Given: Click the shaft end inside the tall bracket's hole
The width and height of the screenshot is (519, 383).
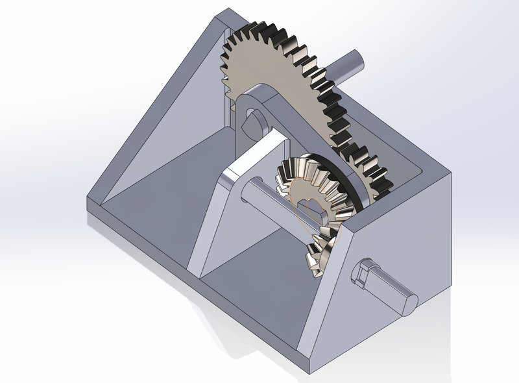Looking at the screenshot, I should pyautogui.click(x=254, y=121).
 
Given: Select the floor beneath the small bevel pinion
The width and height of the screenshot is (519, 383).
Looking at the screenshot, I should pyautogui.click(x=259, y=286).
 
